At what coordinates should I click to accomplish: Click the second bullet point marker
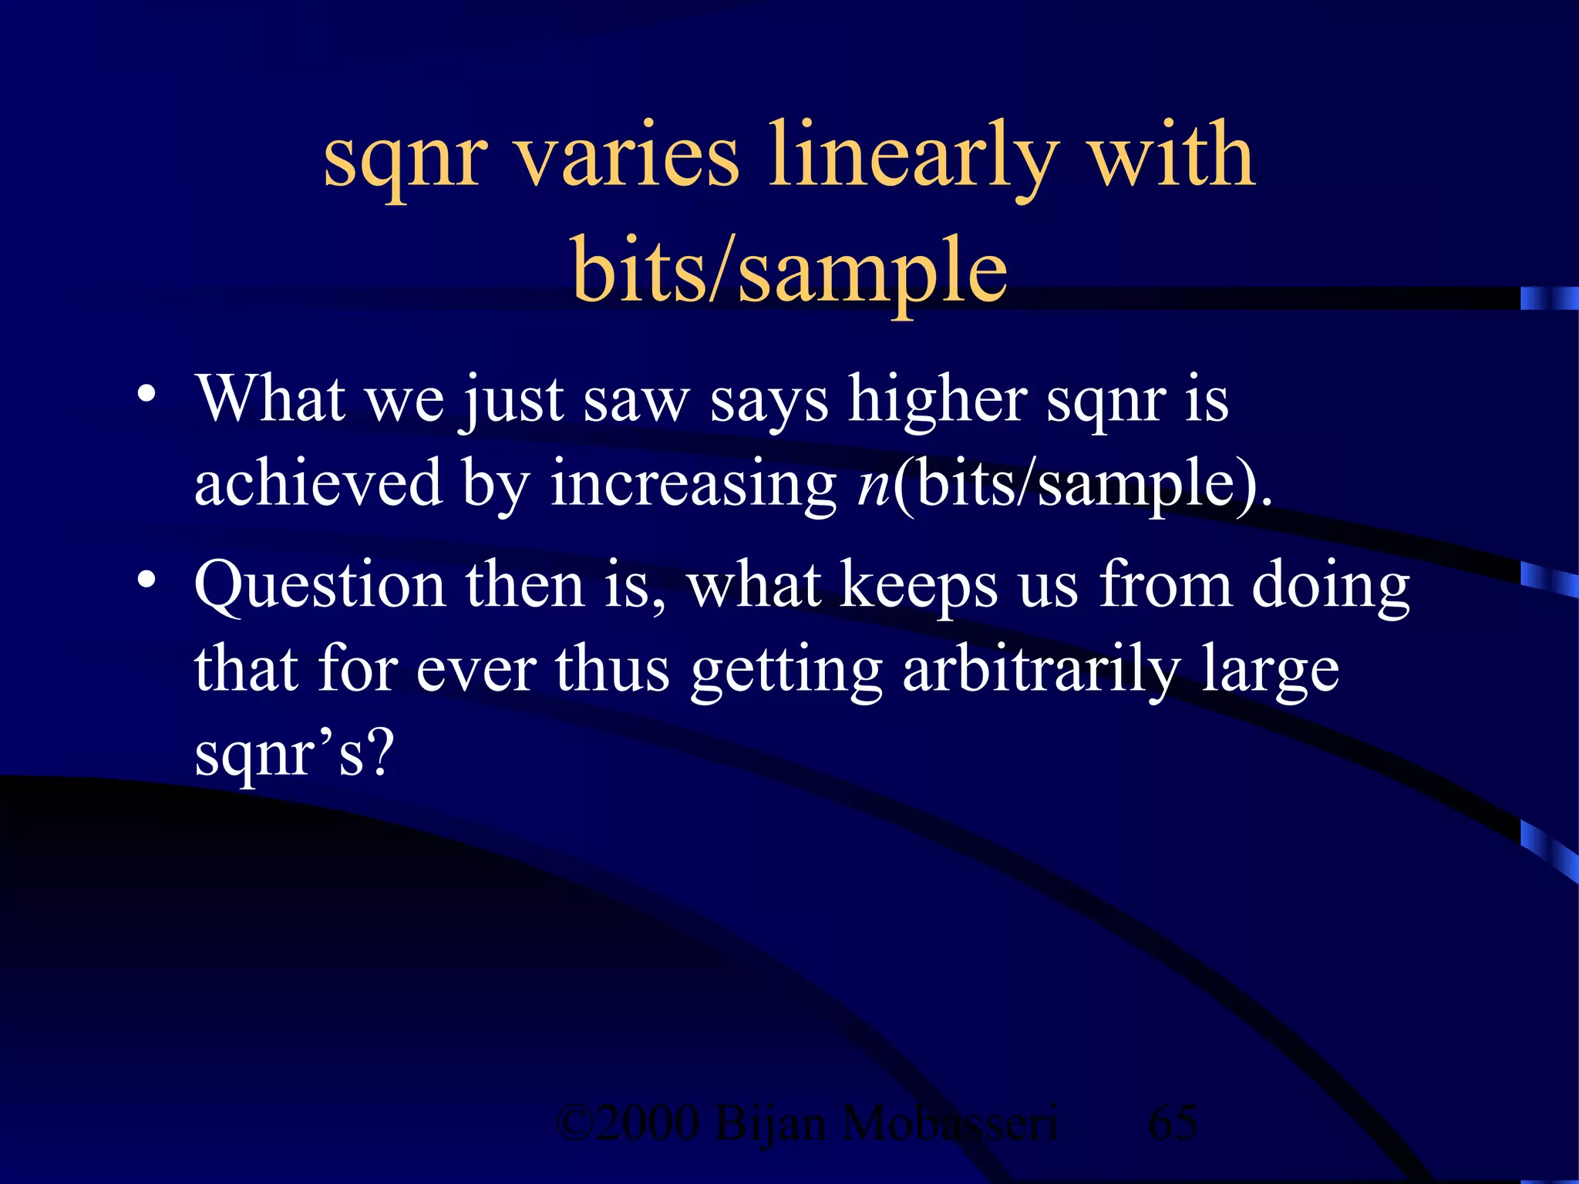[x=146, y=580]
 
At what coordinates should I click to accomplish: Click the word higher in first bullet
[x=937, y=401]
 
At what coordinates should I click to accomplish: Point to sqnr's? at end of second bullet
[x=294, y=754]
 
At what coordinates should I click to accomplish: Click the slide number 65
[x=1172, y=1123]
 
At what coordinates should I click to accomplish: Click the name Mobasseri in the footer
[x=948, y=1123]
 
